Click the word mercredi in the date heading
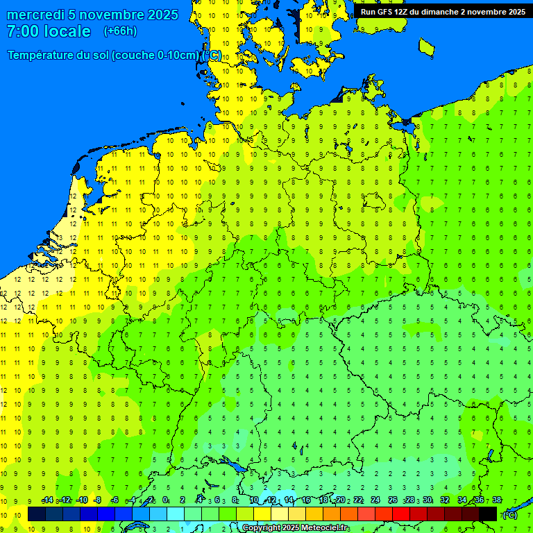pos(35,15)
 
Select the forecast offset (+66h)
pos(120,31)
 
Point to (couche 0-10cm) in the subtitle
pos(165,56)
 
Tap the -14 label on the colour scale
pos(47,500)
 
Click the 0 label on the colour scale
pos(165,500)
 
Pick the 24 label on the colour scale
pos(375,500)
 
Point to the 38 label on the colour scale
pos(497,500)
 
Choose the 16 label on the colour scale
pos(306,500)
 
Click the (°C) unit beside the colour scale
pos(509,514)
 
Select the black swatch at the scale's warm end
pos(488,514)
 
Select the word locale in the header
pos(67,31)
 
